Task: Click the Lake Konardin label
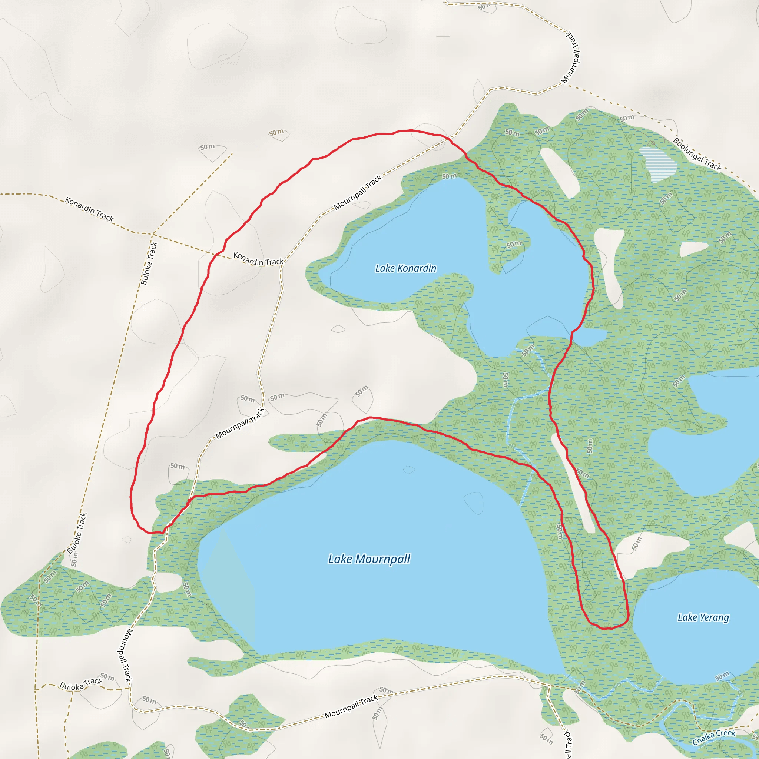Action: pos(405,268)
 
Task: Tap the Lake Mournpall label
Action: pos(369,559)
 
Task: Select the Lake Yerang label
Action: pos(703,617)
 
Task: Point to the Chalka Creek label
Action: pos(713,738)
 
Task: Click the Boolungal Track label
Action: pos(697,155)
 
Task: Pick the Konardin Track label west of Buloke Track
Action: pos(89,209)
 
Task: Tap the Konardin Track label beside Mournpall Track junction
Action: pos(258,259)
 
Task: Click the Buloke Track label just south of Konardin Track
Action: pos(149,263)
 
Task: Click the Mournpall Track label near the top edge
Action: pos(571,58)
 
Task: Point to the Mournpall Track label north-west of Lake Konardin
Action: pos(358,192)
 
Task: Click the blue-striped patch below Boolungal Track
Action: pos(658,164)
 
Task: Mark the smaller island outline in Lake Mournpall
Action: pos(409,470)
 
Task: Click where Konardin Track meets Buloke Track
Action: pos(152,234)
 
